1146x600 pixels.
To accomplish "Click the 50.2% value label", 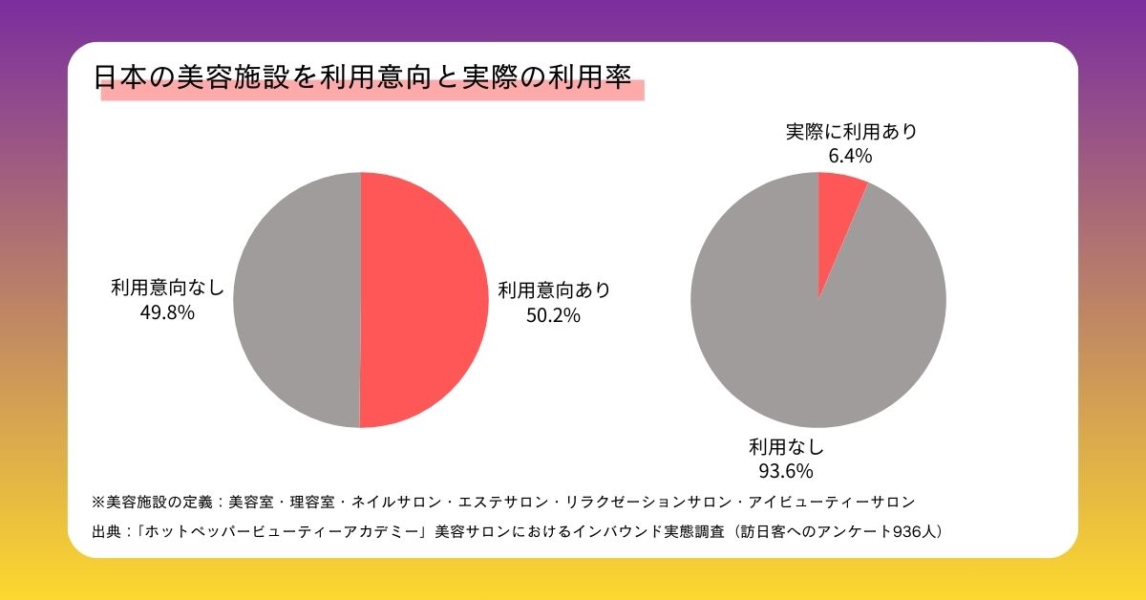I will point(553,314).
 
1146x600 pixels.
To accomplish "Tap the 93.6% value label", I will point(785,470).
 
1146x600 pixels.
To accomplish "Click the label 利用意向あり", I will point(553,289).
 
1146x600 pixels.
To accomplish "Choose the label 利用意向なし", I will point(167,286).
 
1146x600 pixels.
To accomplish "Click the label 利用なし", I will point(785,446).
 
